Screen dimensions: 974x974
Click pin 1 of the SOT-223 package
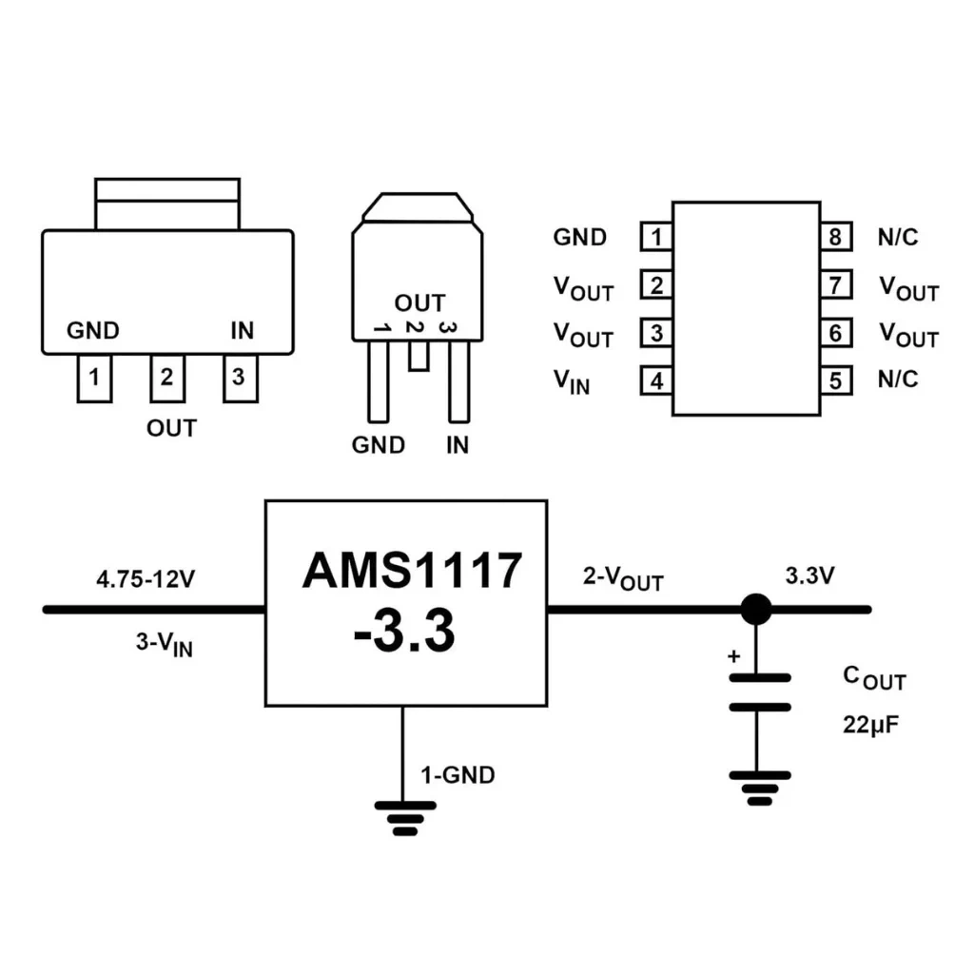94,379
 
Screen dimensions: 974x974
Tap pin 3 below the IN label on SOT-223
241,379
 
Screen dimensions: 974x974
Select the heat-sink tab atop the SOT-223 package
167,205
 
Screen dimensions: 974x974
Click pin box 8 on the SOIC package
835,236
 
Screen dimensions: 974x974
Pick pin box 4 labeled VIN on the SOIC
656,380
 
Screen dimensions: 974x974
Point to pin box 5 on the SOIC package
835,380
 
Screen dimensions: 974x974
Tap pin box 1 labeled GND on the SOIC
656,236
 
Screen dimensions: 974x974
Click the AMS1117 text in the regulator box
412,571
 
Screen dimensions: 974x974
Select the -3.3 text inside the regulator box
404,631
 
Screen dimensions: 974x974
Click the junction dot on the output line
756,610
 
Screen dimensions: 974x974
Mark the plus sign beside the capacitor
733,656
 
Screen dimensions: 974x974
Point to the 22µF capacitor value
871,725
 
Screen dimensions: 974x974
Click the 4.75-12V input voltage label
146,579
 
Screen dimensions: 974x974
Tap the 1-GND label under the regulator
458,775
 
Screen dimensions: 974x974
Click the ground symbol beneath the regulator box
405,819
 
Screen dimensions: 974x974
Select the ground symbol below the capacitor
760,789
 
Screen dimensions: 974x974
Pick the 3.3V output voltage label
810,575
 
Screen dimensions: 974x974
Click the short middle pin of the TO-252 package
419,356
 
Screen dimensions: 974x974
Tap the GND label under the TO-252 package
379,445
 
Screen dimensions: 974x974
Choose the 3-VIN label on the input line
165,644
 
